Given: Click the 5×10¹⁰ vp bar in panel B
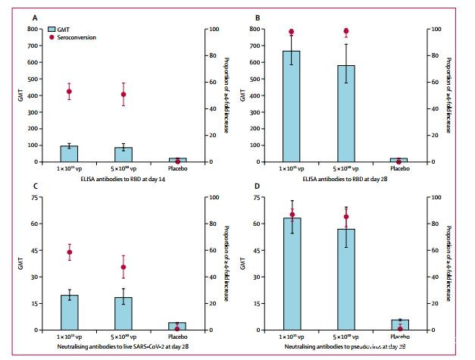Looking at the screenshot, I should [x=346, y=114].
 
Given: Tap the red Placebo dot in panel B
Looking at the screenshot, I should [x=398, y=161].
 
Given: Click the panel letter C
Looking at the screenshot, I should [x=36, y=186].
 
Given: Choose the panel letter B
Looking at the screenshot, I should [x=258, y=17].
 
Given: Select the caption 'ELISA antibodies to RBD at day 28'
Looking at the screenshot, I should [x=346, y=178].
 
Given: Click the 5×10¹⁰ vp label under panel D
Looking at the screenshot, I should [x=346, y=337].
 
